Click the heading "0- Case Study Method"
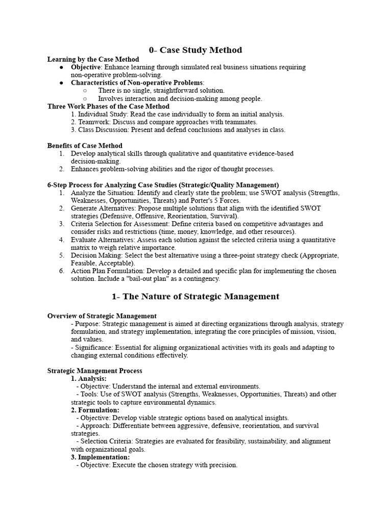195,50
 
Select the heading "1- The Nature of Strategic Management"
195,296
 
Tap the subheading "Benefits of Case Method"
85,145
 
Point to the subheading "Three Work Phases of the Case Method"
108,107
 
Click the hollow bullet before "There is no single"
85,90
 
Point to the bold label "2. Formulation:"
95,410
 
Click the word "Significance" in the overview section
92,347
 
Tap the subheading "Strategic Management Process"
95,371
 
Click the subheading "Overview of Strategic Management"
102,316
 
